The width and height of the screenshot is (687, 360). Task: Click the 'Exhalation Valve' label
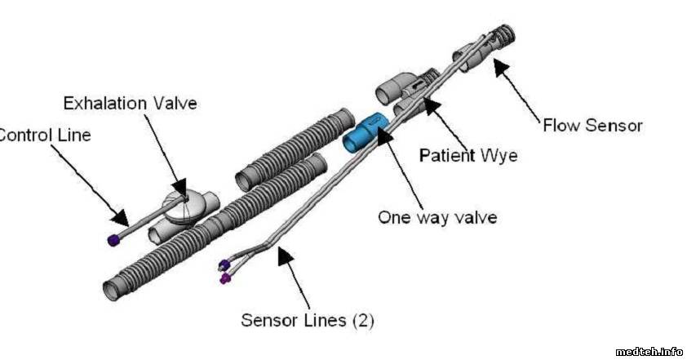[131, 104]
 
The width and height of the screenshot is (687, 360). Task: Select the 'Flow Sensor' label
[592, 126]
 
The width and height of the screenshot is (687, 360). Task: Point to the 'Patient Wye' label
[468, 154]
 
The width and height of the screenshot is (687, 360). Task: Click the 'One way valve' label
[437, 218]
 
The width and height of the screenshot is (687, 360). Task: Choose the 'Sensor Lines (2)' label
[307, 320]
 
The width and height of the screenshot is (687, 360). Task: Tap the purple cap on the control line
[113, 240]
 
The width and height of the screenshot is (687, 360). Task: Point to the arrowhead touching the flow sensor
[499, 68]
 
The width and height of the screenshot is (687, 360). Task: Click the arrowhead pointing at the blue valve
[383, 132]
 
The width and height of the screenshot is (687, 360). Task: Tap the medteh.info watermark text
[649, 351]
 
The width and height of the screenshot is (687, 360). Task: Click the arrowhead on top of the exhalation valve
[181, 190]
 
